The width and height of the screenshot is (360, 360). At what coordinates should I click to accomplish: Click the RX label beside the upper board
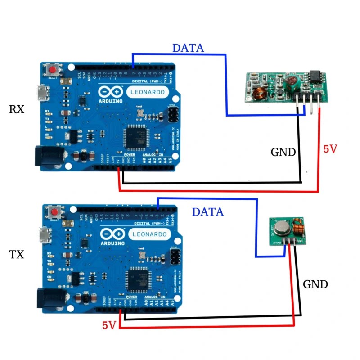(x=17, y=109)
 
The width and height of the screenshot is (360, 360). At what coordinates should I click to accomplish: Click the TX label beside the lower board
(x=17, y=255)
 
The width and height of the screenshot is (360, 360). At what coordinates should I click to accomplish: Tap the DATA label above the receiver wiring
(x=188, y=48)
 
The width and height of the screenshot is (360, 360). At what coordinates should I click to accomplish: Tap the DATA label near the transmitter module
(x=207, y=211)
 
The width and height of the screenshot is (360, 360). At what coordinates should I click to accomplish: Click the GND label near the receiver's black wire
(x=283, y=153)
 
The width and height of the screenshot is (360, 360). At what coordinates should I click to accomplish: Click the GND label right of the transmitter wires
(x=315, y=284)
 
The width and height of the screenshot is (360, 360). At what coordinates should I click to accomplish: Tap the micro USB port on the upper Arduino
(x=43, y=94)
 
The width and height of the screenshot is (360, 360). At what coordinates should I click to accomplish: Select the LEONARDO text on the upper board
(x=150, y=92)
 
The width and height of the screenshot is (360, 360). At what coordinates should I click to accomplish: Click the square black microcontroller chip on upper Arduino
(x=136, y=137)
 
